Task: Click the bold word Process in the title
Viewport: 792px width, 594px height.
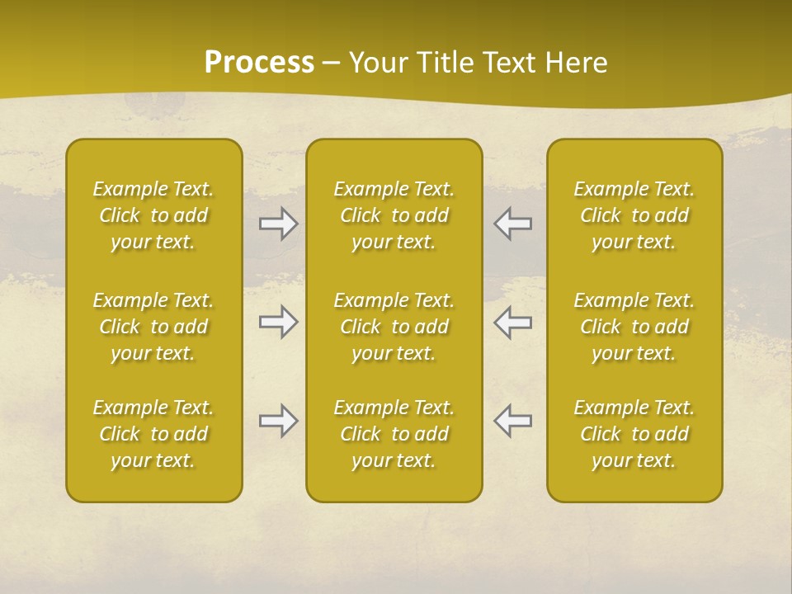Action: (x=259, y=63)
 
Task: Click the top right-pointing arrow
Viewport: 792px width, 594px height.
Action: (x=279, y=224)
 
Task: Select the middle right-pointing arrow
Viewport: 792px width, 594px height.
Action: (x=279, y=322)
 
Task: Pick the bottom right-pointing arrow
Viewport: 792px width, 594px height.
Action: (x=279, y=421)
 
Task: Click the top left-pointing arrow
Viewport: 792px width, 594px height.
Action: (x=513, y=224)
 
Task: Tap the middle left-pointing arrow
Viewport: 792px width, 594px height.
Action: (x=513, y=322)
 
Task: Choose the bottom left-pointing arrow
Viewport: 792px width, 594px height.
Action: (x=513, y=421)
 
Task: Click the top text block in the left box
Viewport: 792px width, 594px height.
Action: (x=153, y=215)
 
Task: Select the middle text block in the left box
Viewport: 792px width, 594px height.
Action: (x=153, y=327)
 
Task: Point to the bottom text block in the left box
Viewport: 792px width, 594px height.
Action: (x=153, y=434)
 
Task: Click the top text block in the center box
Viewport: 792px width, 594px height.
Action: (x=394, y=215)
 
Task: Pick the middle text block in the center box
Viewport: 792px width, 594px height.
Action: (x=394, y=327)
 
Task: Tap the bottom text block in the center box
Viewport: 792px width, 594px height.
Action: (x=394, y=434)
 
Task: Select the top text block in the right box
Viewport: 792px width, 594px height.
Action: (x=634, y=215)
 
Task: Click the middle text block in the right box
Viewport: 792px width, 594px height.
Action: (x=634, y=327)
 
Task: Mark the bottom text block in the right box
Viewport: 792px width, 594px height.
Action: (x=634, y=434)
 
